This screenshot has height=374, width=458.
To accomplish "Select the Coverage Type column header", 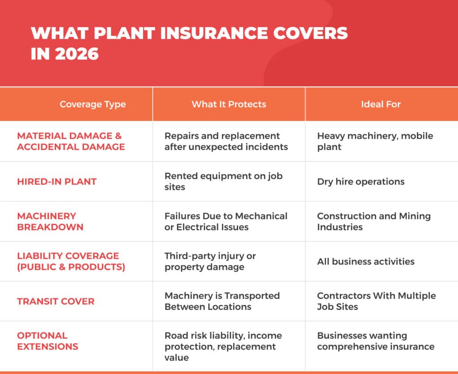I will coord(93,105).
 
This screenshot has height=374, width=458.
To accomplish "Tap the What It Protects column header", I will coord(229,105).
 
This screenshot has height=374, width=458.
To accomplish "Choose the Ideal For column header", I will coord(381,105).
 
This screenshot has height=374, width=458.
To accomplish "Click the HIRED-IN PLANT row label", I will coord(57,181).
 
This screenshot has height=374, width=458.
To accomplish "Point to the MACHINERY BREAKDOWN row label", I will coord(50,221).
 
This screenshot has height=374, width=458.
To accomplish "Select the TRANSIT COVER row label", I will coord(55,301).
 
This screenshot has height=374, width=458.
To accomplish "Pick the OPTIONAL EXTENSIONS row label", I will coord(47,341).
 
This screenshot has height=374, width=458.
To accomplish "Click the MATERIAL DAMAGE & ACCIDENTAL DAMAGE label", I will coord(71,141).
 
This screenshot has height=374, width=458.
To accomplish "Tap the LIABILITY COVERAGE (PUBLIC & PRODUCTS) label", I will coord(71,261).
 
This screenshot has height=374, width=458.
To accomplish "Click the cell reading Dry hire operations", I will coord(360,181).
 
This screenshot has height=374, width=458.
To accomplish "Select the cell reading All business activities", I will coord(365,261).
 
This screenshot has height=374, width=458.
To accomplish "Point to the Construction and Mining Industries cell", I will coord(373,221).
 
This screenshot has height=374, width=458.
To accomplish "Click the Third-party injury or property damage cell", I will coord(210,261).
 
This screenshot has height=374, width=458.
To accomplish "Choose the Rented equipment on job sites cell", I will coord(223,181).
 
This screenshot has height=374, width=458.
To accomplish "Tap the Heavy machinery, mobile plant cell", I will coord(375,141).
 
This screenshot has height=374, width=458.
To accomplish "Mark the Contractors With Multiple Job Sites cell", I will coord(376,301).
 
